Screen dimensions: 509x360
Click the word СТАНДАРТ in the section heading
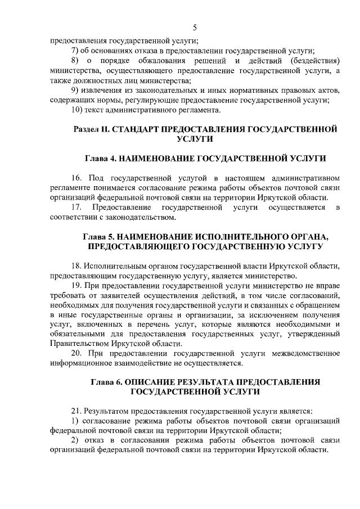tap(136, 129)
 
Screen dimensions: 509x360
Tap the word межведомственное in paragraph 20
tap(305, 353)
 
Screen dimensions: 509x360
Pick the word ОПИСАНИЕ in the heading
tap(155, 382)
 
